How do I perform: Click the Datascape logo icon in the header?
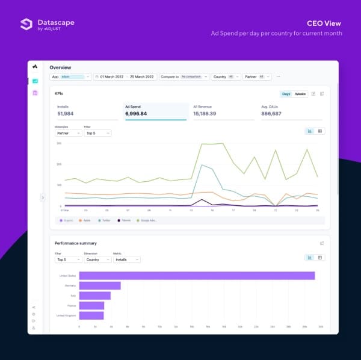click(26, 24)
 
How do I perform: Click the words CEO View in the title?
click(324, 23)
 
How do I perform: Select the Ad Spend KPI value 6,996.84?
click(137, 113)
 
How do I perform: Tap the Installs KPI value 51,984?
click(66, 113)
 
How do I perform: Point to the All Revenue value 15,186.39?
click(205, 113)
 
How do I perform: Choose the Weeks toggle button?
click(300, 94)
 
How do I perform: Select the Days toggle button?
click(286, 94)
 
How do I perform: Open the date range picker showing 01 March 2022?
click(125, 77)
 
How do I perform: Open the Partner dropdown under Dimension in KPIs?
click(68, 133)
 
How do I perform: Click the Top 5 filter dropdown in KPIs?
click(97, 133)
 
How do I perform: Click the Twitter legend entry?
click(106, 221)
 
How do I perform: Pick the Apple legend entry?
click(87, 221)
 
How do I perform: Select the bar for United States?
click(197, 276)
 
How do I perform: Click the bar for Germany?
click(100, 285)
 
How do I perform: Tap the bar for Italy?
click(95, 296)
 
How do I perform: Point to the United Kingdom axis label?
click(66, 315)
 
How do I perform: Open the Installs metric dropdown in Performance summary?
click(126, 259)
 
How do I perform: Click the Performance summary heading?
click(75, 243)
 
